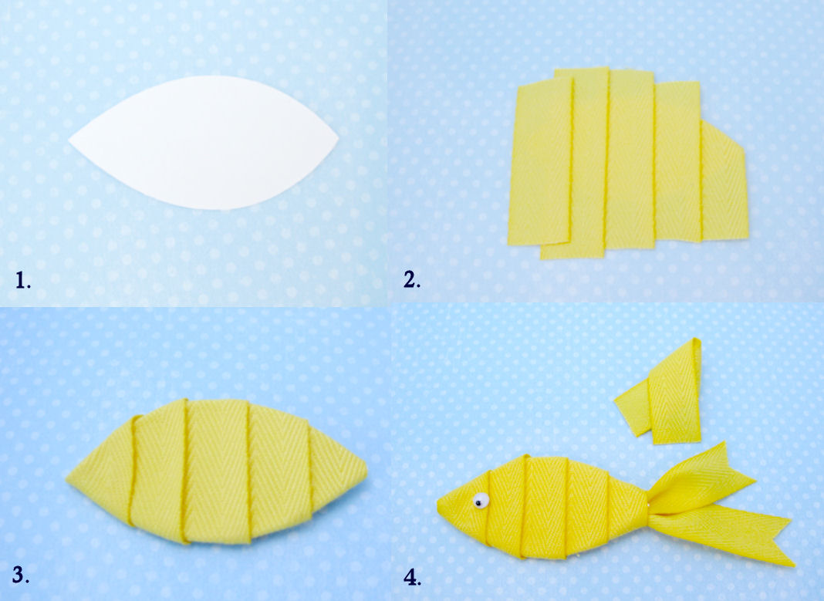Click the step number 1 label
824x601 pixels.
click(x=22, y=281)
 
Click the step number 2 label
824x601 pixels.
click(x=412, y=280)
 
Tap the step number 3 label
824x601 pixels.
click(x=22, y=574)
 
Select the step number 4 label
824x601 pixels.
click(x=413, y=576)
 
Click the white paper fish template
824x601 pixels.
click(x=204, y=143)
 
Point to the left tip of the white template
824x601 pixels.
click(x=71, y=141)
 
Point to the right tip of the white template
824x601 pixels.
click(x=337, y=139)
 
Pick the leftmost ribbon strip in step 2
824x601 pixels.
click(x=540, y=166)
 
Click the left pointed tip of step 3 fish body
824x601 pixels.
click(x=69, y=480)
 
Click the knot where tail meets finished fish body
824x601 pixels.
click(x=647, y=510)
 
